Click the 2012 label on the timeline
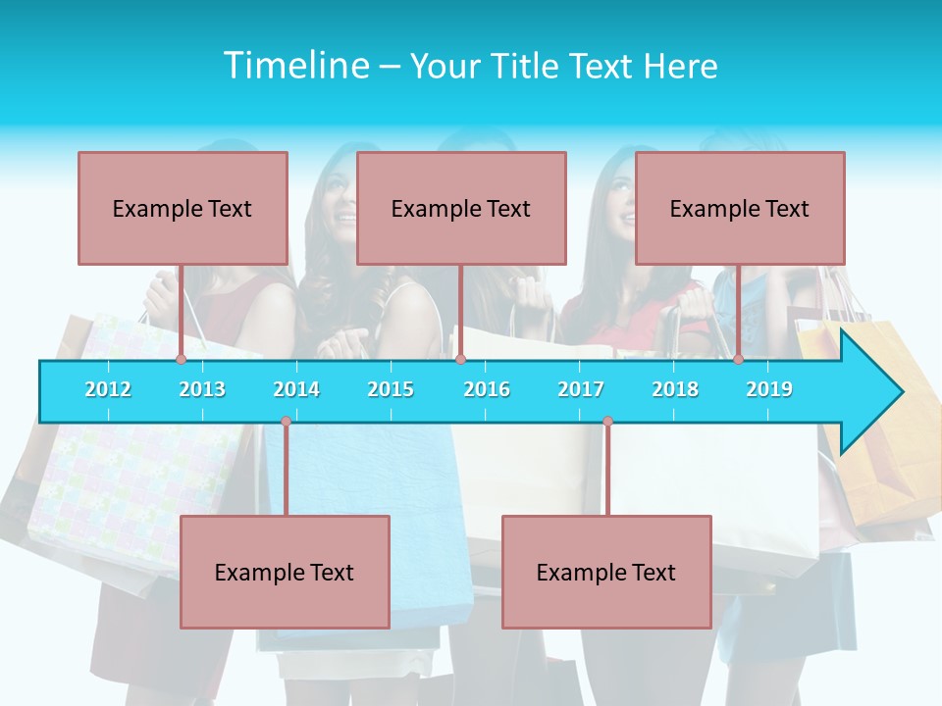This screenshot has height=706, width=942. pyautogui.click(x=108, y=389)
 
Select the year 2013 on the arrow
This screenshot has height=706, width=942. pyautogui.click(x=202, y=389)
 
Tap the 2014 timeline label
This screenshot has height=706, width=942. pyautogui.click(x=296, y=389)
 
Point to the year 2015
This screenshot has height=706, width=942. pyautogui.click(x=391, y=389)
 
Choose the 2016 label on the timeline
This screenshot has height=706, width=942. pyautogui.click(x=487, y=389)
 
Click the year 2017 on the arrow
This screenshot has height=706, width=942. pyautogui.click(x=581, y=389)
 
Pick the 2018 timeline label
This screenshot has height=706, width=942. pyautogui.click(x=675, y=389)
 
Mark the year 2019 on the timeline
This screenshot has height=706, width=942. pyautogui.click(x=769, y=389)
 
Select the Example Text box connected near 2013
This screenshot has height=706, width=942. pyautogui.click(x=183, y=208)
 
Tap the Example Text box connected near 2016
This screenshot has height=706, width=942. pyautogui.click(x=461, y=208)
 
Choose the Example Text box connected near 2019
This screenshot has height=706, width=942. pyautogui.click(x=740, y=208)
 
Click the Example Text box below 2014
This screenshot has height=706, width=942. pyautogui.click(x=285, y=572)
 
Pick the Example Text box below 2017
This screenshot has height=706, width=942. pyautogui.click(x=606, y=572)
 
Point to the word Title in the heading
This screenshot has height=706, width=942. pyautogui.click(x=526, y=66)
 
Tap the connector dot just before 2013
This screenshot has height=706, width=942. pyautogui.click(x=182, y=360)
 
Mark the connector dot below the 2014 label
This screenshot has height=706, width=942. pyautogui.click(x=286, y=422)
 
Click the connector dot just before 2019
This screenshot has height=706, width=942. pyautogui.click(x=739, y=360)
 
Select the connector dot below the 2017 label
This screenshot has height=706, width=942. pyautogui.click(x=607, y=422)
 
